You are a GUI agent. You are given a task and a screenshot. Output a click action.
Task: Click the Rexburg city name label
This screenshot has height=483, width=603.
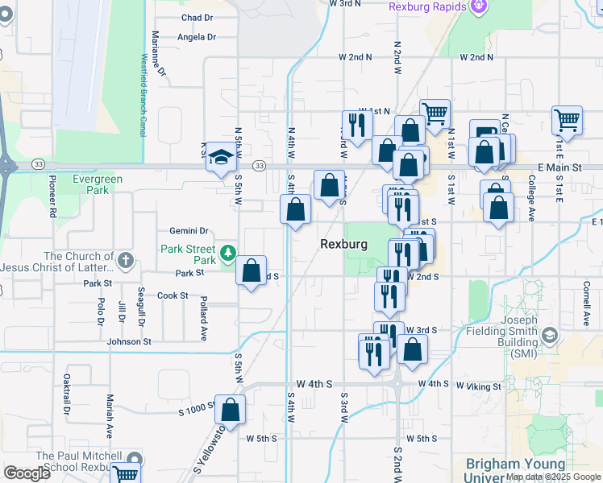343,244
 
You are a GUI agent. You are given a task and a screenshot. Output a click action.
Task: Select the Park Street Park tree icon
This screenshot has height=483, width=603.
228,254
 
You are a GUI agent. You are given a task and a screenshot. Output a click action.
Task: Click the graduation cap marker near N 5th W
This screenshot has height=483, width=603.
219,158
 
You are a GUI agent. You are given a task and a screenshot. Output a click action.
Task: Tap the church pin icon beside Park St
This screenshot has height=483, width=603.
125,260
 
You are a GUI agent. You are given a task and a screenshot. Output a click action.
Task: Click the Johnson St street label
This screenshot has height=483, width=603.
129,341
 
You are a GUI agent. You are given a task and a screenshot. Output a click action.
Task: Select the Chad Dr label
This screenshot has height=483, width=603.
197,17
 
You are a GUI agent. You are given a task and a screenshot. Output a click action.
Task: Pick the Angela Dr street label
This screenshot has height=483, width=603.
198,37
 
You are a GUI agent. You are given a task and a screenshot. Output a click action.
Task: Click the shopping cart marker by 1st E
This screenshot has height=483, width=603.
568,120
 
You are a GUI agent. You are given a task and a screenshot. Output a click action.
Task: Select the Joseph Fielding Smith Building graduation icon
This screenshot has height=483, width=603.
550,334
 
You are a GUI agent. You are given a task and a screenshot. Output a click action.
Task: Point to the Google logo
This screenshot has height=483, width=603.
27,473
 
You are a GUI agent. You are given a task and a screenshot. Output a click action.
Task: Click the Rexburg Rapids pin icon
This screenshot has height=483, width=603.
479,6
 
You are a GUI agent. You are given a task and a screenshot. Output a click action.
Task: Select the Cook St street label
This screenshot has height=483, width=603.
173,296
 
